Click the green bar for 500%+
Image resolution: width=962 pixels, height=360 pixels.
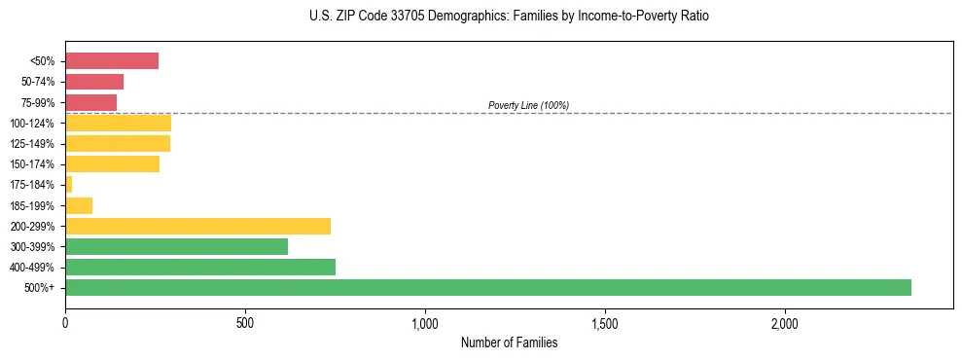coord(487,287)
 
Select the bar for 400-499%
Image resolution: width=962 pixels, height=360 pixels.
coord(199,267)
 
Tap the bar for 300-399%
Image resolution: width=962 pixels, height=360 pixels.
coord(176,246)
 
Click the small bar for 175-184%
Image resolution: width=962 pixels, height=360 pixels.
coord(69,184)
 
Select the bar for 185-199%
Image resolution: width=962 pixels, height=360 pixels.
coord(79,205)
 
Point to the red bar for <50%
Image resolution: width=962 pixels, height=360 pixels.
coord(111,61)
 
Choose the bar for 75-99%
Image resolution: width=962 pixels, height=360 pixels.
coord(90,102)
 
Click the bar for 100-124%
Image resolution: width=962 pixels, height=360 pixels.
coord(118,123)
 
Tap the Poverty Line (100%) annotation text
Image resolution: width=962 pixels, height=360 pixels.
coord(528,105)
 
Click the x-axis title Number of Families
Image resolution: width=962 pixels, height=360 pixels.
coord(509,342)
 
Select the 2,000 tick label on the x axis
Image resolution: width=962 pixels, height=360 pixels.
coord(785,322)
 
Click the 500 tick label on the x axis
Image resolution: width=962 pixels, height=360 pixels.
coord(245,322)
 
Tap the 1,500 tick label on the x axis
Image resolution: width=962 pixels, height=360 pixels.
coord(605,322)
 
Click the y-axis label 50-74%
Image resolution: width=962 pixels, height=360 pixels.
coord(38,82)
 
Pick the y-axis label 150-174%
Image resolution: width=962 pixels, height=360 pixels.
coord(33,164)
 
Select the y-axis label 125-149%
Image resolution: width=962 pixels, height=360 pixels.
coord(33,144)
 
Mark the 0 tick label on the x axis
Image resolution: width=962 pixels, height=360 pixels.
coord(65,322)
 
